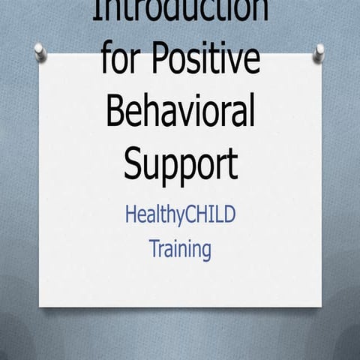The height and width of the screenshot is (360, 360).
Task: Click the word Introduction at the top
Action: point(180,10)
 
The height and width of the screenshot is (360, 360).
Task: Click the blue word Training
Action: point(180,248)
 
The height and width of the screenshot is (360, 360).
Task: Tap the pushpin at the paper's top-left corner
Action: point(40,51)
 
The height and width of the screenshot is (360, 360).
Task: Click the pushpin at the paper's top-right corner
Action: point(319,51)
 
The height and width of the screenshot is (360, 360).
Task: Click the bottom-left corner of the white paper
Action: point(41,305)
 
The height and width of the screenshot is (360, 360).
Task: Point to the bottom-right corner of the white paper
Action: point(322,307)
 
